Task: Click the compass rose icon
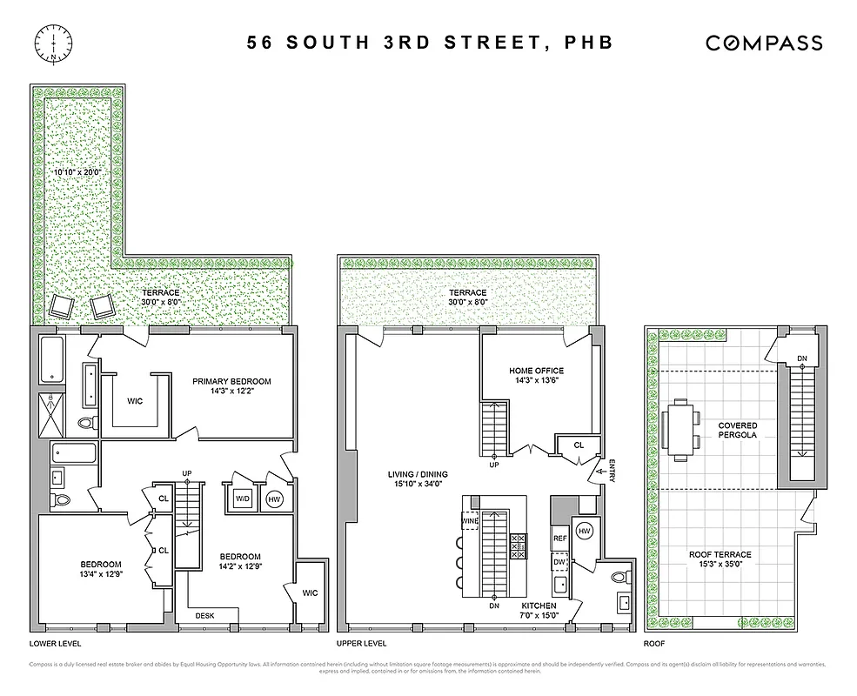(x=54, y=42)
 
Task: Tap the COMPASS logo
(x=763, y=42)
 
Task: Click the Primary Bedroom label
(x=231, y=386)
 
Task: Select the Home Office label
(x=536, y=376)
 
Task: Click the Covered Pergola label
(x=737, y=432)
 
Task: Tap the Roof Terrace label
(x=720, y=559)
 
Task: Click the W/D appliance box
(x=242, y=499)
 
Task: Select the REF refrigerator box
(x=560, y=539)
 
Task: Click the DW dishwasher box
(x=560, y=562)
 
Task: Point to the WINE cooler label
(x=470, y=521)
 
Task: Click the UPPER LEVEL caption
(x=361, y=645)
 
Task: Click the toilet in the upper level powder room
(x=619, y=575)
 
